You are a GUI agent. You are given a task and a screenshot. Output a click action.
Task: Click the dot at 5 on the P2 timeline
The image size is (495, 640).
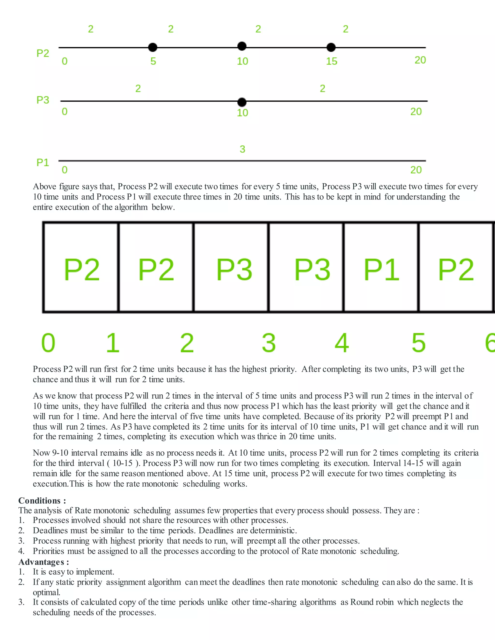153,47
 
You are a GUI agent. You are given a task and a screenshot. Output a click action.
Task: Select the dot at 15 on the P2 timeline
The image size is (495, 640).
331,47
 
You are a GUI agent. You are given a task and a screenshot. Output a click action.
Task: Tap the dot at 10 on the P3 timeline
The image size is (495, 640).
242,102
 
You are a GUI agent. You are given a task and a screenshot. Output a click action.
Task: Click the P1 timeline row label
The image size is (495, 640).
43,162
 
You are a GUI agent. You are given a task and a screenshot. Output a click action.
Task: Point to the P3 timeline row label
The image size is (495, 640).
43,100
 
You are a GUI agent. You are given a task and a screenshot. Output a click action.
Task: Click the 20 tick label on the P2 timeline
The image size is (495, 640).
420,60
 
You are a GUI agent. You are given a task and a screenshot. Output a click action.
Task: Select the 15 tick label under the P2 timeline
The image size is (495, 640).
332,61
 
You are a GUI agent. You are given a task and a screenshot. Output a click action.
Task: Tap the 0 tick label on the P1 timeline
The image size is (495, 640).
65,170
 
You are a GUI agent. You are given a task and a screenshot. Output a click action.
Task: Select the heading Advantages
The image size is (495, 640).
44,562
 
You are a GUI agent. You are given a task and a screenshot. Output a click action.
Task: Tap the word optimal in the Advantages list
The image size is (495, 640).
46,592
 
